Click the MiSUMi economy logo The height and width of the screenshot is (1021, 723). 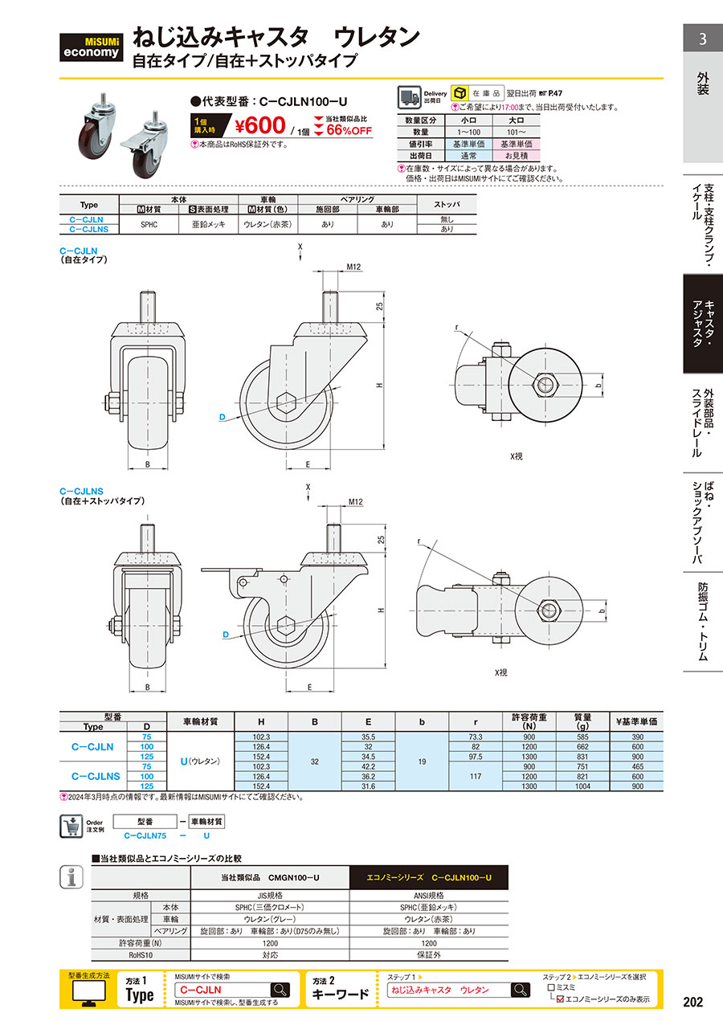pyautogui.click(x=91, y=47)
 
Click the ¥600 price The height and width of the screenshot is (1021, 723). pyautogui.click(x=260, y=125)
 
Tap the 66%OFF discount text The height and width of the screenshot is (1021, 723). pyautogui.click(x=349, y=130)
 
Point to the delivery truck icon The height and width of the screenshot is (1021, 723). pyautogui.click(x=409, y=97)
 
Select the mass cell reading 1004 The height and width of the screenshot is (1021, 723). pyautogui.click(x=582, y=786)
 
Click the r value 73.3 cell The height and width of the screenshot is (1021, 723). pyautogui.click(x=476, y=737)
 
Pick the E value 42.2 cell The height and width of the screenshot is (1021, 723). pyautogui.click(x=369, y=766)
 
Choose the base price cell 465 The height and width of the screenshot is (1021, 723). pyautogui.click(x=637, y=766)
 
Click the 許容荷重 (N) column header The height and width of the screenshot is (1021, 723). pyautogui.click(x=529, y=721)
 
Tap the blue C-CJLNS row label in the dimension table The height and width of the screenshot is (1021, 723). pyautogui.click(x=96, y=776)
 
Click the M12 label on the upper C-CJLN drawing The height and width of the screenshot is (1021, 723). pyautogui.click(x=353, y=267)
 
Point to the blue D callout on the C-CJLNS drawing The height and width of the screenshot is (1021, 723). pyautogui.click(x=226, y=635)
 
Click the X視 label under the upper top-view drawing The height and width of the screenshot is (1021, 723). pyautogui.click(x=516, y=456)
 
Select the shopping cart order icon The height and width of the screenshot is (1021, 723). pyautogui.click(x=71, y=827)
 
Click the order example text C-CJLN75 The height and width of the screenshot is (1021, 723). pyautogui.click(x=145, y=835)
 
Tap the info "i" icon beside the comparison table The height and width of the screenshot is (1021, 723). pyautogui.click(x=71, y=877)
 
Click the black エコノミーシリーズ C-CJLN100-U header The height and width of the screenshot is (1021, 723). pyautogui.click(x=429, y=877)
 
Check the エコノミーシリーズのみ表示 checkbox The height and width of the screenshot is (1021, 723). pyautogui.click(x=561, y=999)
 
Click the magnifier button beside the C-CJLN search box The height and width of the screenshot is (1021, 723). pyautogui.click(x=280, y=990)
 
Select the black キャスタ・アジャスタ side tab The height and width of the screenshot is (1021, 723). pyautogui.click(x=703, y=324)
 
